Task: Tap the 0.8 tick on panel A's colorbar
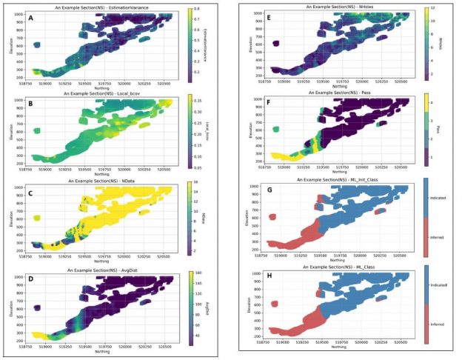point(198,10)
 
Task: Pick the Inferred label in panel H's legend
point(443,323)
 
